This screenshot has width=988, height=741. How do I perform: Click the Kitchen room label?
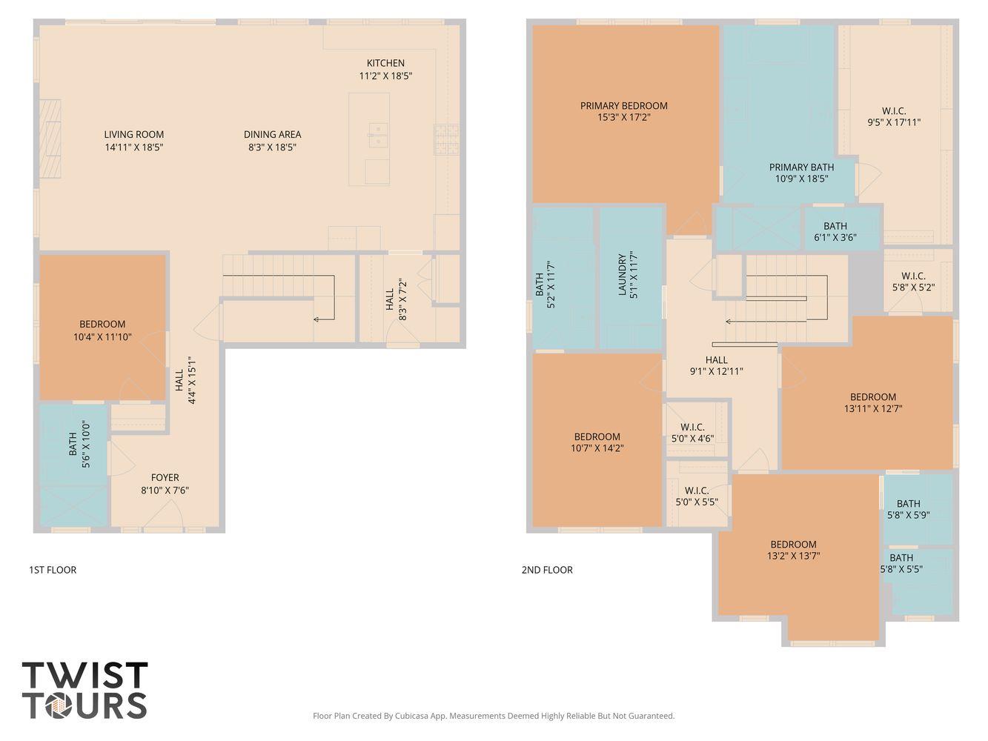tap(385, 64)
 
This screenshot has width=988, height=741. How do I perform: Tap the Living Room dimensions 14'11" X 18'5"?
tap(133, 147)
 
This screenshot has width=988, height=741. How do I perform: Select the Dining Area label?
tap(272, 135)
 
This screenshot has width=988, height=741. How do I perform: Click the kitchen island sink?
tap(377, 136)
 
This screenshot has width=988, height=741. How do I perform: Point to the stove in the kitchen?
tap(446, 139)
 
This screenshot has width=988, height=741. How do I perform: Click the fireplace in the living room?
tap(50, 139)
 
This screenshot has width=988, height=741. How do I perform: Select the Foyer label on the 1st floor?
tap(165, 478)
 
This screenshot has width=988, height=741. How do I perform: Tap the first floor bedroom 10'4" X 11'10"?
tap(102, 330)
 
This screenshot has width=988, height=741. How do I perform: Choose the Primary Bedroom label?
tap(623, 106)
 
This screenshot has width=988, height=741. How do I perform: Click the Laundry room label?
tap(623, 275)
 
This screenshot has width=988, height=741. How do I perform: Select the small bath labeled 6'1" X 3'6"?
tap(835, 232)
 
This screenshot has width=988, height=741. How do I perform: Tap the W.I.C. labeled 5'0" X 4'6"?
tap(692, 433)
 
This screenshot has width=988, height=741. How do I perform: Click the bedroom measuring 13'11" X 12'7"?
tap(872, 402)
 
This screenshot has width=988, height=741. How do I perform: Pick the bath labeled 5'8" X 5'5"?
tap(901, 564)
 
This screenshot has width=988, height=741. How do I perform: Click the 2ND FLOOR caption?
tap(547, 570)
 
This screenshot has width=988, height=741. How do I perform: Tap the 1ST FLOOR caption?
tap(53, 570)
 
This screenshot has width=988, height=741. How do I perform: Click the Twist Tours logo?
tap(84, 691)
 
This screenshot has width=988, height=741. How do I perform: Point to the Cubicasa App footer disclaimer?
tap(494, 716)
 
